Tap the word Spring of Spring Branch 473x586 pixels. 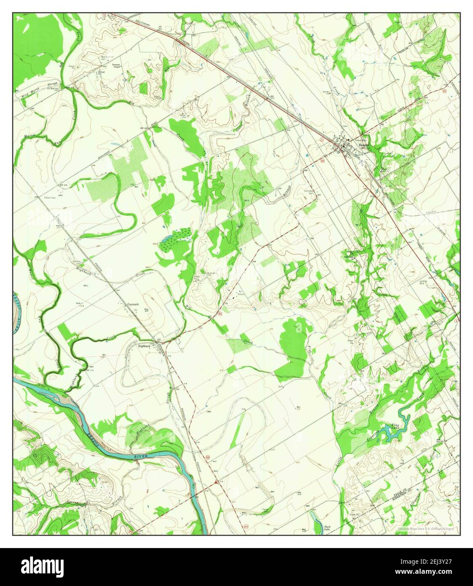[x=72, y=503]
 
